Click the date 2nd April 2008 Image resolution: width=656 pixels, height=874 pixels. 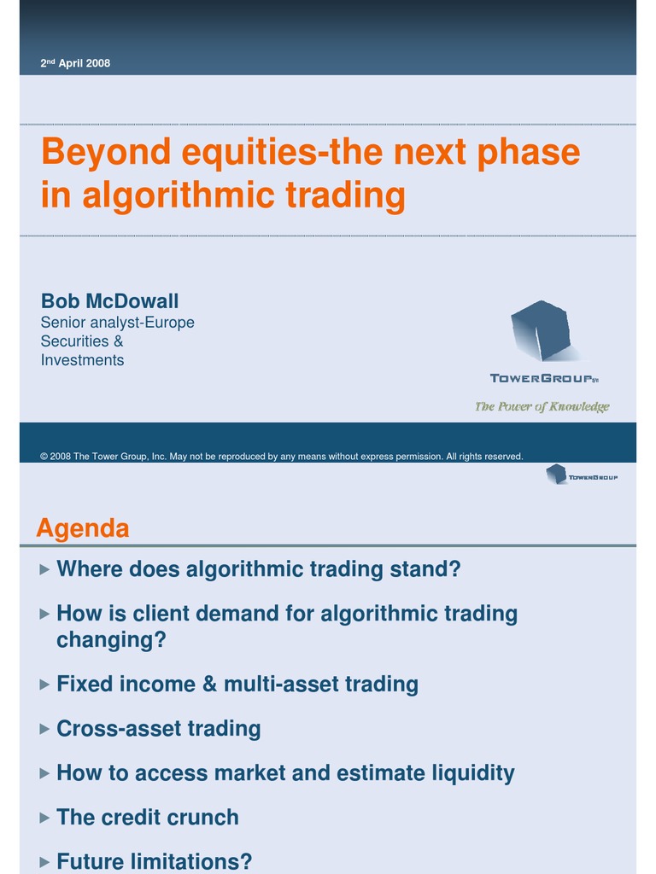click(75, 63)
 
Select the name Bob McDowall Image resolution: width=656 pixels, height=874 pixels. click(109, 301)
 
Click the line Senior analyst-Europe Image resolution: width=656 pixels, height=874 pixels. click(117, 323)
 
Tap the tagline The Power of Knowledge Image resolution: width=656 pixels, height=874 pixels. click(542, 406)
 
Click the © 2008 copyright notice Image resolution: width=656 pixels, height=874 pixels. click(281, 457)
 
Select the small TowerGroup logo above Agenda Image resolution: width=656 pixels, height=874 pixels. click(582, 475)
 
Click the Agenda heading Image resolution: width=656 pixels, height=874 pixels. click(83, 529)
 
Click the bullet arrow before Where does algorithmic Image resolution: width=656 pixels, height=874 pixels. click(44, 568)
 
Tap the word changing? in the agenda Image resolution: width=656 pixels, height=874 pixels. click(111, 640)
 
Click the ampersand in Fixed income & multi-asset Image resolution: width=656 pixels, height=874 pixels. click(208, 685)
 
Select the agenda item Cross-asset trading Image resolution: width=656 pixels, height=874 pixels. click(158, 729)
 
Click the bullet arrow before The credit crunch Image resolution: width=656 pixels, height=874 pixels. click(44, 818)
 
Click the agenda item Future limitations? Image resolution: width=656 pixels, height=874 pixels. click(154, 862)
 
